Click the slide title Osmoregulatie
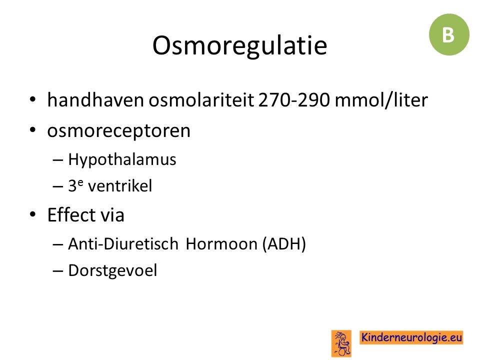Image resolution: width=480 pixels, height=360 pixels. [239, 46]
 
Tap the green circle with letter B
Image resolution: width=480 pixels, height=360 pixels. [449, 34]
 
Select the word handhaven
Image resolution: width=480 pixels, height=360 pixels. [95, 100]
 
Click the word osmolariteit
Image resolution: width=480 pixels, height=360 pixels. [201, 100]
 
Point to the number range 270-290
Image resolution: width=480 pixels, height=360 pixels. [294, 100]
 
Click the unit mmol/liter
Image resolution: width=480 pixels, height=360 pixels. [381, 100]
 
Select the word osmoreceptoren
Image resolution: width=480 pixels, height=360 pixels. [119, 131]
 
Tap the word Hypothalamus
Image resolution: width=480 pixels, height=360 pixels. [122, 159]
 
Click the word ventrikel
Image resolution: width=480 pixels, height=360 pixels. [119, 186]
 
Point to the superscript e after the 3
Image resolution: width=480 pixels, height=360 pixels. [80, 182]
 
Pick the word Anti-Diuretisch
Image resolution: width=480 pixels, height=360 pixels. [123, 243]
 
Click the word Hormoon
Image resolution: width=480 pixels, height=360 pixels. [221, 243]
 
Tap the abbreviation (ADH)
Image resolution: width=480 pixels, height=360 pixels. [284, 244]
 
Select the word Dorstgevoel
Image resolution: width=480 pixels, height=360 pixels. [112, 270]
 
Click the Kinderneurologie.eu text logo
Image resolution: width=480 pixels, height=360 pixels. [411, 337]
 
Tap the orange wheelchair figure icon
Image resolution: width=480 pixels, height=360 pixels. [341, 343]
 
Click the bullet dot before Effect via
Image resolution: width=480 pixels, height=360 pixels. [33, 214]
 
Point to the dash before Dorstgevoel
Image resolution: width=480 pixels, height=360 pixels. [58, 271]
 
